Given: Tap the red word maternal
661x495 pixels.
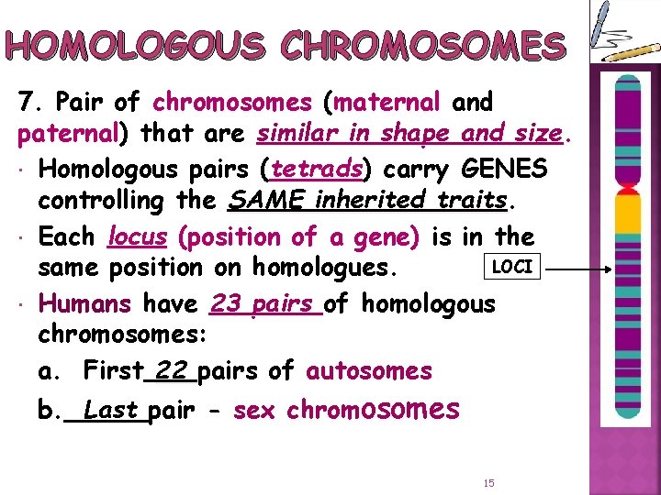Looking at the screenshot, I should (397, 102).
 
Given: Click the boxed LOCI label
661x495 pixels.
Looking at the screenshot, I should (513, 267).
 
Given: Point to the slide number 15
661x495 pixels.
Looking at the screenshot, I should (487, 482).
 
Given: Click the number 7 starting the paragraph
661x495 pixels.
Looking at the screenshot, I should (25, 102).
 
